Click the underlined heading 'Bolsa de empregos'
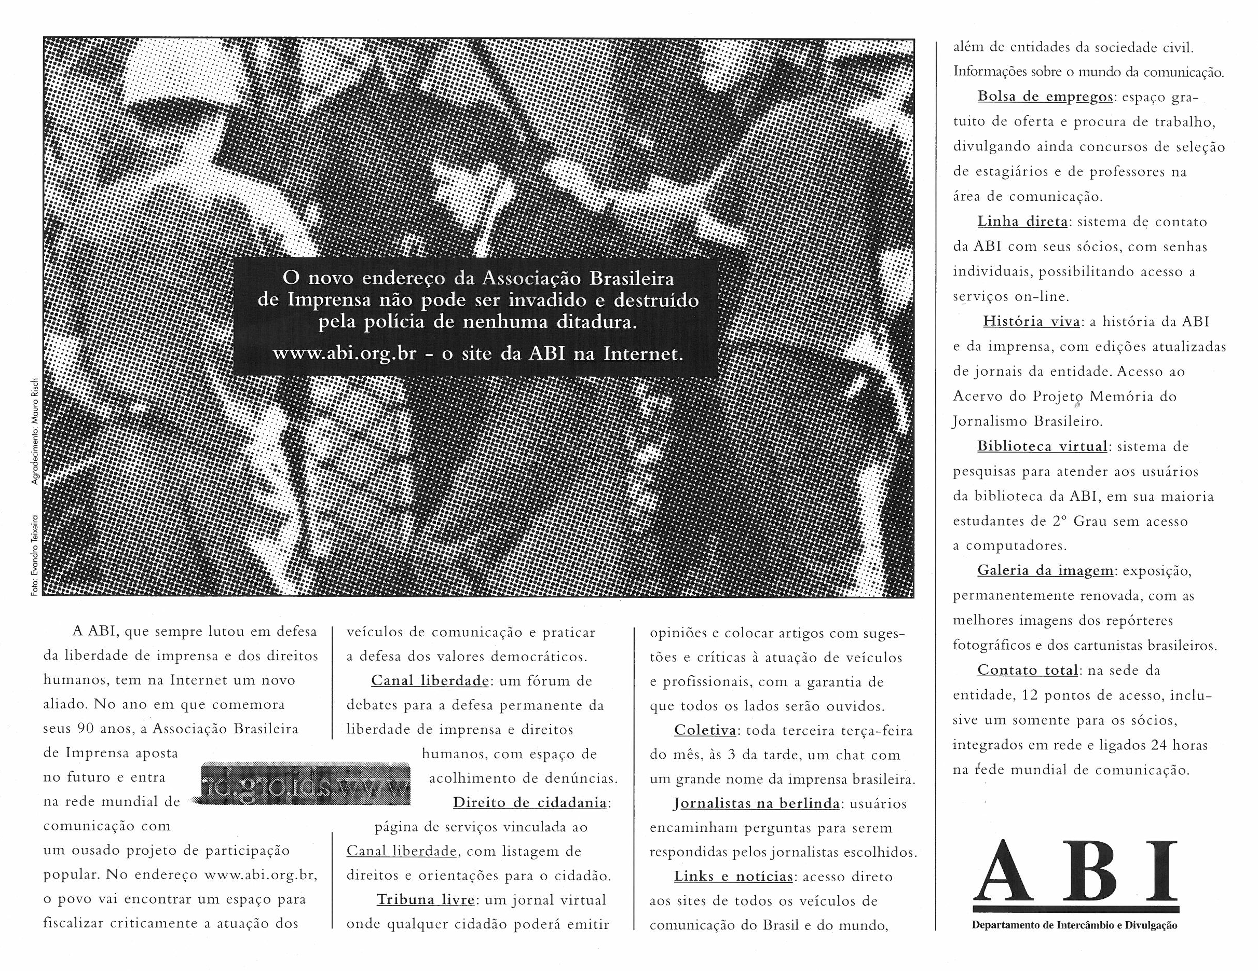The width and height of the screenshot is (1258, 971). [1045, 97]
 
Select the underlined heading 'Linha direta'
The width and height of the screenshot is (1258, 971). [1023, 222]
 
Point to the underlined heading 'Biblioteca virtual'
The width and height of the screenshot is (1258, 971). [1042, 446]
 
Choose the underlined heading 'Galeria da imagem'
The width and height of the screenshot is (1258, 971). [1045, 571]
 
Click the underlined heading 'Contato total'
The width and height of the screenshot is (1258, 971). [1028, 671]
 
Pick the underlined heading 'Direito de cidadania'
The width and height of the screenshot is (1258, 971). [529, 803]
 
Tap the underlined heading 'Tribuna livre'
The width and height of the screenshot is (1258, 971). [426, 899]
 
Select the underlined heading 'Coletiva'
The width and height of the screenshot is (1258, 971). [705, 731]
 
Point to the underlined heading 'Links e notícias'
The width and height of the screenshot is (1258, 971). [733, 877]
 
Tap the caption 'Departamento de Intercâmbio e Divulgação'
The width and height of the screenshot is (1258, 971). [1075, 926]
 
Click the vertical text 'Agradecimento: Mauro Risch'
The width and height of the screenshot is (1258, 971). [35, 432]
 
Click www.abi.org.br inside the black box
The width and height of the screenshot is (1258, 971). [345, 353]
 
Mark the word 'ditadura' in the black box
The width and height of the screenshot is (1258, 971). [597, 322]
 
